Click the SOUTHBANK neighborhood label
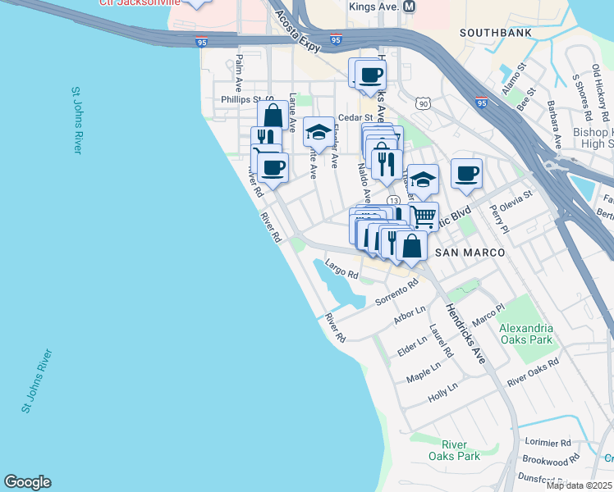point(495,33)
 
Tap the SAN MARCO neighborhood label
point(470,253)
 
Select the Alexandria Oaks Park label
point(526,334)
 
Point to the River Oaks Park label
point(454,450)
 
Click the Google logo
point(27,482)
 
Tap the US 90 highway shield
point(422,103)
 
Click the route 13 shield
point(394,200)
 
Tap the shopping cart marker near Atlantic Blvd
point(423,216)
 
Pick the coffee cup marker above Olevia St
point(466,172)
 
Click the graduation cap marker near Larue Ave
point(318,130)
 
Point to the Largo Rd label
point(342,268)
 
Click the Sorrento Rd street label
point(396,292)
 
